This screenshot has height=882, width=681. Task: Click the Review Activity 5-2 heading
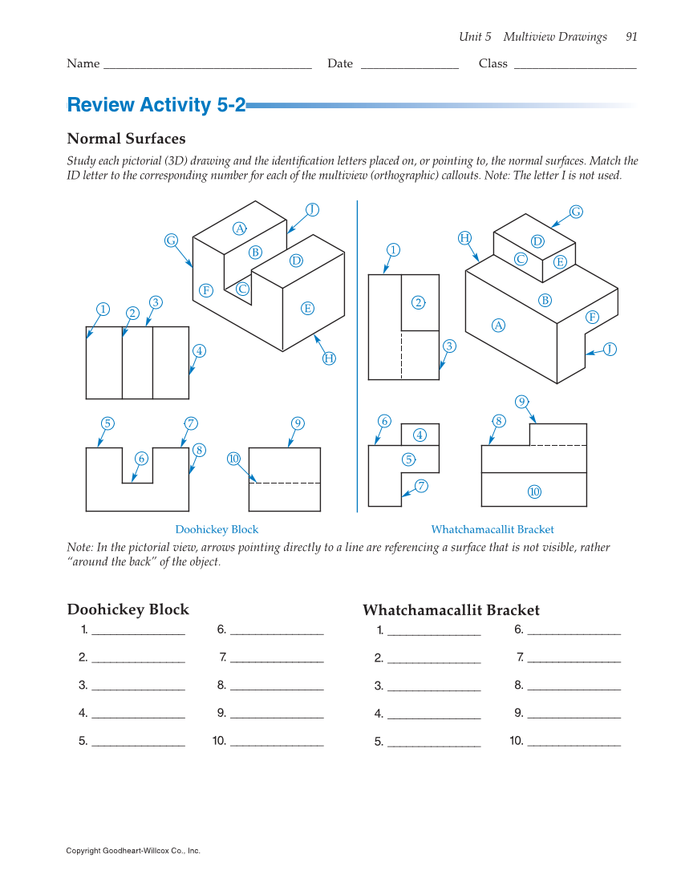[x=156, y=105]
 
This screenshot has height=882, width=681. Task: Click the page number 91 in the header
[x=631, y=37]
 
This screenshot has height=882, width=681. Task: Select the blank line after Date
[x=409, y=64]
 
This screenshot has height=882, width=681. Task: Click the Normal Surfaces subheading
[x=126, y=139]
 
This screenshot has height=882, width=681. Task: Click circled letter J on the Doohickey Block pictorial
[x=313, y=210]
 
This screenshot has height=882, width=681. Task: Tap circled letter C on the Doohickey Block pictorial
[x=242, y=288]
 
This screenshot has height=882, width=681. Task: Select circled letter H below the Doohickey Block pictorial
[x=329, y=358]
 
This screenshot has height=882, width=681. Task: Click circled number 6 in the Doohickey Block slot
[x=141, y=458]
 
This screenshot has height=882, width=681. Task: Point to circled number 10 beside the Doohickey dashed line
[x=234, y=459]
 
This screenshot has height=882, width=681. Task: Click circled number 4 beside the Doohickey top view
[x=199, y=350]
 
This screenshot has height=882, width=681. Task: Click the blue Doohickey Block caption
[x=217, y=530]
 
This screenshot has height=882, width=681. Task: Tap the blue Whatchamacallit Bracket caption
[x=493, y=530]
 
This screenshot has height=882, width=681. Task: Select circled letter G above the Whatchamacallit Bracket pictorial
[x=576, y=212]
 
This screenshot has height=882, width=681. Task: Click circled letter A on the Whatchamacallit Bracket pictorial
[x=499, y=325]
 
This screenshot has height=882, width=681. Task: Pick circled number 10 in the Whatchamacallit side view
[x=534, y=492]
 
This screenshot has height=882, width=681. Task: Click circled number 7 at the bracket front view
[x=421, y=485]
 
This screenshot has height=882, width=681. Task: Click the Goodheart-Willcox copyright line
[x=133, y=851]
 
